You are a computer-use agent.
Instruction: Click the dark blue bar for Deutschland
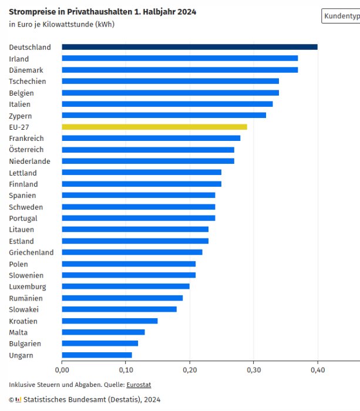pyautogui.click(x=189, y=47)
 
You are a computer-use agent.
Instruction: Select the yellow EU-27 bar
pyautogui.click(x=154, y=127)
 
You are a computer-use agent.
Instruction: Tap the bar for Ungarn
pyautogui.click(x=97, y=355)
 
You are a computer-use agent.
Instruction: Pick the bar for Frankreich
pyautogui.click(x=151, y=138)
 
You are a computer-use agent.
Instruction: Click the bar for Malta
pyautogui.click(x=103, y=332)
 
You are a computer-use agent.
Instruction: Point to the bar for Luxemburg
pyautogui.click(x=125, y=287)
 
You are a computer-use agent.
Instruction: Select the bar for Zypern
pyautogui.click(x=164, y=115)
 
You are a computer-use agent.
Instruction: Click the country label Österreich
pyautogui.click(x=26, y=150)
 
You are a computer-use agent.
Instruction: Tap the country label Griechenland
pyautogui.click(x=31, y=252)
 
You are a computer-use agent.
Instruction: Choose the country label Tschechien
pyautogui.click(x=27, y=82)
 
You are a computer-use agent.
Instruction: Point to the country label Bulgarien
pyautogui.click(x=25, y=343)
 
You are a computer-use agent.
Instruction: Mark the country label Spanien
pyautogui.click(x=22, y=196)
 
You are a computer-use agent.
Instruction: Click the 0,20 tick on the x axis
pyautogui.click(x=190, y=370)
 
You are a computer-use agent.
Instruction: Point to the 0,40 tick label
pyautogui.click(x=318, y=370)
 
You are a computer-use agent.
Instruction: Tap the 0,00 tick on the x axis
pyautogui.click(x=62, y=370)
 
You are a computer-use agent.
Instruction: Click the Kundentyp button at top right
pyautogui.click(x=341, y=16)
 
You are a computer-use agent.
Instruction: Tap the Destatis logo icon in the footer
pyautogui.click(x=18, y=400)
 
